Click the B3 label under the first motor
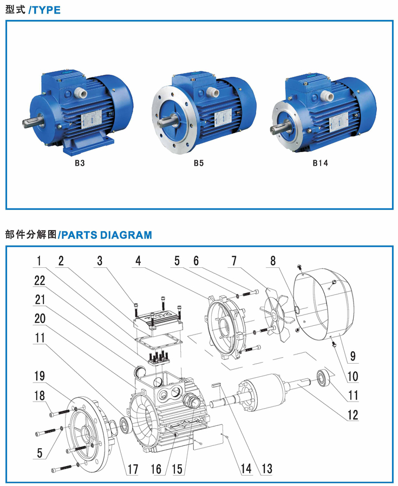80,162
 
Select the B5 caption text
199,162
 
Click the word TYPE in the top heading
46,10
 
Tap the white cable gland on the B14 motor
328,96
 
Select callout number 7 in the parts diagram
234,261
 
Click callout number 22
40,279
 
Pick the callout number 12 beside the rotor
353,416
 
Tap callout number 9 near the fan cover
353,356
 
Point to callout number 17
132,468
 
